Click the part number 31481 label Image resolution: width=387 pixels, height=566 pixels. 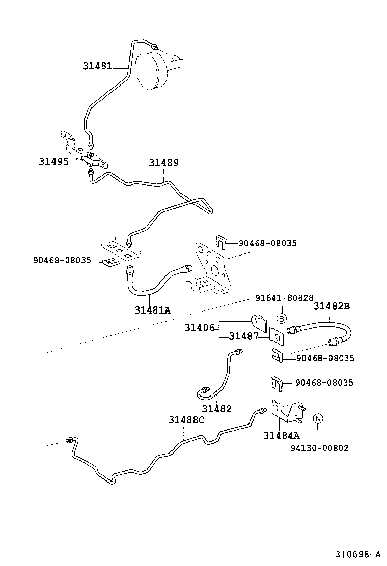click(x=97, y=66)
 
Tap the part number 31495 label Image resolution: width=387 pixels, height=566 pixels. click(x=54, y=161)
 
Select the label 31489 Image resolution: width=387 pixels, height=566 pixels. click(x=164, y=163)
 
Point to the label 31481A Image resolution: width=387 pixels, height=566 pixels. click(x=153, y=309)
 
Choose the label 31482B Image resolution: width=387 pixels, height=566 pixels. click(x=332, y=306)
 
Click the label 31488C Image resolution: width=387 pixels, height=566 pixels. click(x=186, y=420)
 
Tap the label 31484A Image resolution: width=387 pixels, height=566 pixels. click(x=282, y=436)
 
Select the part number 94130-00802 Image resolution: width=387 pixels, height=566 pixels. click(x=320, y=448)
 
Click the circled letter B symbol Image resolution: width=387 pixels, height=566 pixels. click(x=281, y=318)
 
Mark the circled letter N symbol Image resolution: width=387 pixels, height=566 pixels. click(x=317, y=419)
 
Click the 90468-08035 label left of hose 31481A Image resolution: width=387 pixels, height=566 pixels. click(x=62, y=260)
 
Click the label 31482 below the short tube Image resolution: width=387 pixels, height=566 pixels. click(x=216, y=408)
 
